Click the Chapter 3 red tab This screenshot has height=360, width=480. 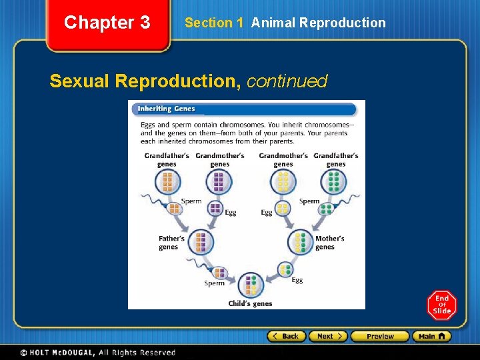coord(107,23)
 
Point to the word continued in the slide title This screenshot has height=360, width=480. coord(287,81)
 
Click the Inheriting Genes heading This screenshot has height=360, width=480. coord(164,109)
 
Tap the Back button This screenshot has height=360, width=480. coord(287,336)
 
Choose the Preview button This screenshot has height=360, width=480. coord(379,336)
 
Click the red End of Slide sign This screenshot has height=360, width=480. coord(442,305)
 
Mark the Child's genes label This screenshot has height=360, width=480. coord(250,303)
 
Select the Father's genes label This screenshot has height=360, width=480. coord(171,243)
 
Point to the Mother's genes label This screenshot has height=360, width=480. coord(329,243)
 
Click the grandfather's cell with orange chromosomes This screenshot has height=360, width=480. coord(167,181)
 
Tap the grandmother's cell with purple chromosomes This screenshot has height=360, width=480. coord(219,181)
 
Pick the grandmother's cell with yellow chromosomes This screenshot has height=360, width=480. coord(283,181)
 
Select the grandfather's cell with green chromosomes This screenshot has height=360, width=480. coord(334,181)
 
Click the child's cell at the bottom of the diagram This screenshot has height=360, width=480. coord(251,285)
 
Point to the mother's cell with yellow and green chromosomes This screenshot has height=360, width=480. coord(301,242)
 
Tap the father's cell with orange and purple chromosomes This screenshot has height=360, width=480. coord(201,242)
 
